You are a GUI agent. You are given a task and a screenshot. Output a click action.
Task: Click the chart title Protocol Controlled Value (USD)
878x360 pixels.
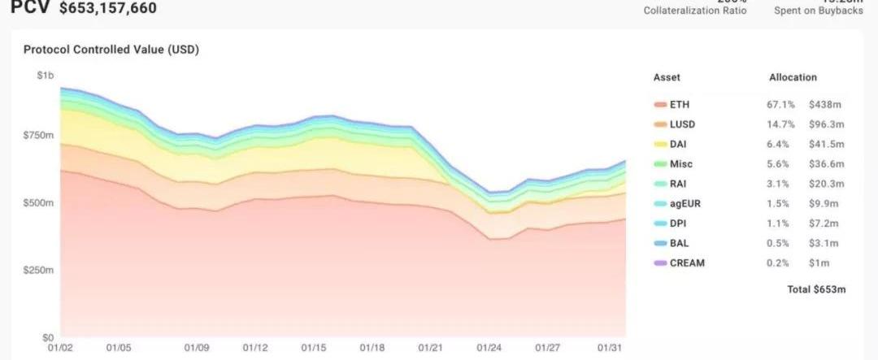tap(111, 50)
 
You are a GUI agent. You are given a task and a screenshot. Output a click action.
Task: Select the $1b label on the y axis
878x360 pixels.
tap(46, 76)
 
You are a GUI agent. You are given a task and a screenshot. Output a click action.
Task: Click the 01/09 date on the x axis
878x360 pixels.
tap(197, 348)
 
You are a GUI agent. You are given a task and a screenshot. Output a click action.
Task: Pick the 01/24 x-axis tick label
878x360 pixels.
tap(488, 348)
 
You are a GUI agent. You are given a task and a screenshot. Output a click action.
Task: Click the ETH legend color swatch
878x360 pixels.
tap(659, 105)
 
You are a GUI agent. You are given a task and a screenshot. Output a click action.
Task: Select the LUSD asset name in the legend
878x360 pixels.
tap(683, 124)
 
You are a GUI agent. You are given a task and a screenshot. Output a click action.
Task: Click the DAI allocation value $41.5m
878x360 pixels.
tap(826, 144)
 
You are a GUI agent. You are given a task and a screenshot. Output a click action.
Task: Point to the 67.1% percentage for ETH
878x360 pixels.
tap(779, 105)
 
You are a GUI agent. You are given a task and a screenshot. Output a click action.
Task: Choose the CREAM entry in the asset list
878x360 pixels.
tap(688, 262)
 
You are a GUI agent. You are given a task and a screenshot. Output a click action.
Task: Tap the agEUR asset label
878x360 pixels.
tap(685, 203)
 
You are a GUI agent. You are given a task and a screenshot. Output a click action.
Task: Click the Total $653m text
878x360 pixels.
tap(817, 290)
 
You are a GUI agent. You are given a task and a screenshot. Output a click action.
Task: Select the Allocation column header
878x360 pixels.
tap(793, 77)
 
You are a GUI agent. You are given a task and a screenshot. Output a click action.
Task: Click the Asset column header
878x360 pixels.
tap(667, 77)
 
